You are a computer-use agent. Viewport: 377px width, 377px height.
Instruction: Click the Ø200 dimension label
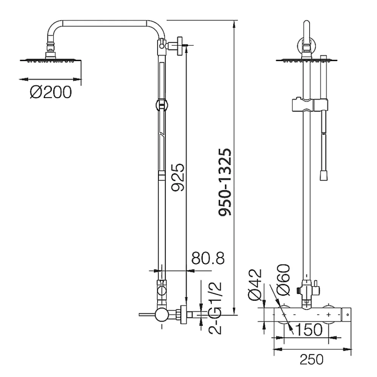51,92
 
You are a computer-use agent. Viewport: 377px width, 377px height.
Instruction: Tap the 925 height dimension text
178,178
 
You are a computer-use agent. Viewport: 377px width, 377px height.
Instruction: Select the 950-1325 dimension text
225,182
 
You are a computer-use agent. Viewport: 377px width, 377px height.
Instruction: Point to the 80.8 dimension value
208,258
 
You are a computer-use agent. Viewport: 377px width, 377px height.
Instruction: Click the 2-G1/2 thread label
215,308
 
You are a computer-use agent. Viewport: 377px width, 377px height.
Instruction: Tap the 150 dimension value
309,329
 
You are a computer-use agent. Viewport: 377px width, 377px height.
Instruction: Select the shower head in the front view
307,60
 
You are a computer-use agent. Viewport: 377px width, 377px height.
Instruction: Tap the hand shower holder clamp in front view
310,105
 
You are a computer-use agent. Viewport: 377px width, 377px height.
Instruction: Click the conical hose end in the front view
323,175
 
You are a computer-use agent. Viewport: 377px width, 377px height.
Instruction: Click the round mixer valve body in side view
162,314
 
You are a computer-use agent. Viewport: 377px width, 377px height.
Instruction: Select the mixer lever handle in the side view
147,314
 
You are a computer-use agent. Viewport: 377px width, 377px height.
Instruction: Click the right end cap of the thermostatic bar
346,314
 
